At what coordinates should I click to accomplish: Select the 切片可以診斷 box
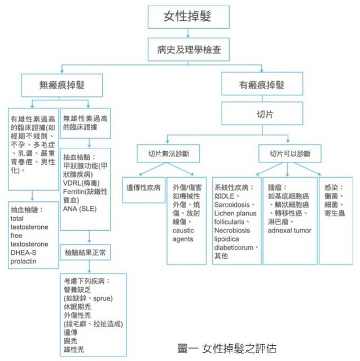point(290,153)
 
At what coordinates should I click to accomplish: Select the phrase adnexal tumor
point(289,231)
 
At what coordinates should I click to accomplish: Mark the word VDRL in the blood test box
point(73,183)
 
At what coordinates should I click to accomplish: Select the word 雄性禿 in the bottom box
point(74,350)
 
